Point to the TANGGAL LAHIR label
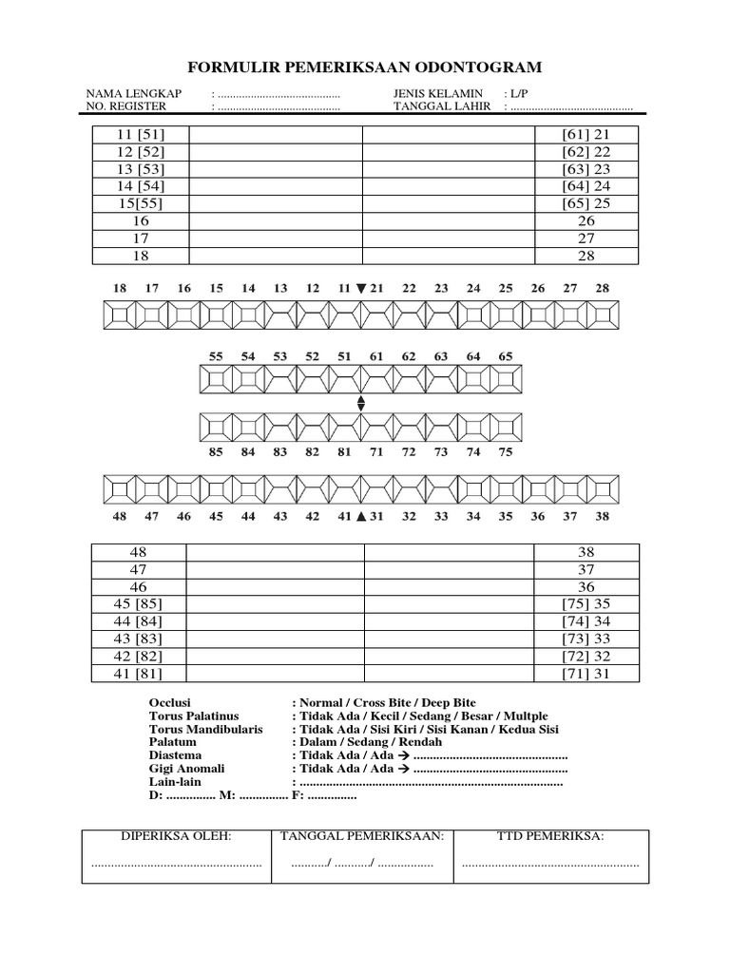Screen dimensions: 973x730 (442, 106)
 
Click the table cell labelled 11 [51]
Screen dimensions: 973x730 (141, 135)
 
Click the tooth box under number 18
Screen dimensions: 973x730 (119, 315)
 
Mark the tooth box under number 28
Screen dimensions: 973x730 (601, 315)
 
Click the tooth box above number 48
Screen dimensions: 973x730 (119, 490)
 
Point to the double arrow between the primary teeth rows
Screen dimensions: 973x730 (360, 403)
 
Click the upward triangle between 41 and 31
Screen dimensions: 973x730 (360, 517)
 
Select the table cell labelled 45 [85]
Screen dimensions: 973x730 (139, 603)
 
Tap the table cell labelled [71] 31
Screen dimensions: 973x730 (586, 673)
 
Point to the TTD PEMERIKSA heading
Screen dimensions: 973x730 (550, 836)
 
